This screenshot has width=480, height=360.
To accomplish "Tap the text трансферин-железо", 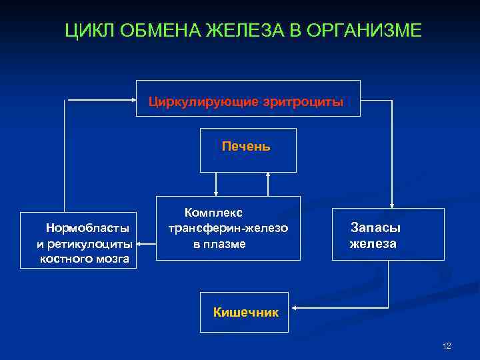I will point(228,228).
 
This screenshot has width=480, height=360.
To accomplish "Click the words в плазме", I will point(220,244).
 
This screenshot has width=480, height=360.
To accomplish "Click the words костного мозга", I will point(85,259).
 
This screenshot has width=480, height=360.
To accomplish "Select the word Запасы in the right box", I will point(376,228).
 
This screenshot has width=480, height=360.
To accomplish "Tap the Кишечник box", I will point(245,311).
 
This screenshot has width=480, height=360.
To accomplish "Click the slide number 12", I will point(447,345).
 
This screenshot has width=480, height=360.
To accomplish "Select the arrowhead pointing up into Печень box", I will point(268,175).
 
